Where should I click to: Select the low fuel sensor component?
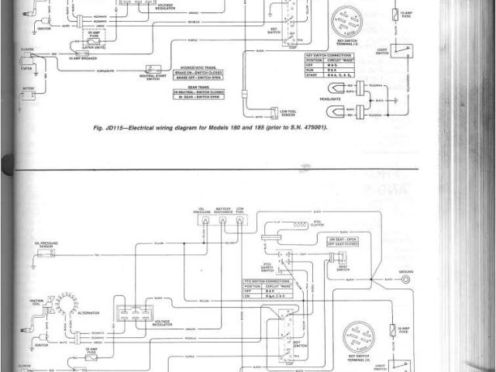(274, 112)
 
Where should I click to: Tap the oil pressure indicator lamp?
(204, 220)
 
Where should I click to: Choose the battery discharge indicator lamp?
(222, 220)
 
